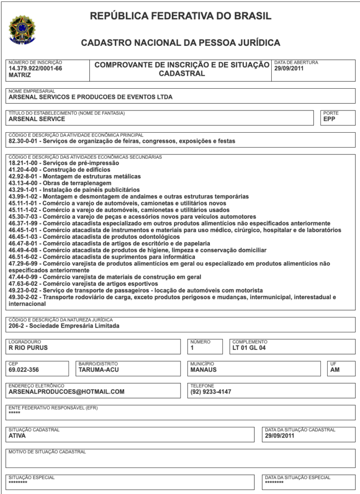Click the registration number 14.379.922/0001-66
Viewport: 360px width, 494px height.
[x=35, y=69]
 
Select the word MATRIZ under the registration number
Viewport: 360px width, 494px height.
[x=20, y=75]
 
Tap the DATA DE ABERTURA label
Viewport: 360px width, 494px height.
[x=296, y=63]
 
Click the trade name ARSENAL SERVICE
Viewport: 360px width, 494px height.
[x=37, y=119]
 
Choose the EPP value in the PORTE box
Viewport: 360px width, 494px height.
[x=329, y=119]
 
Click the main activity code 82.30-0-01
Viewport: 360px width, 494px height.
[x=24, y=141]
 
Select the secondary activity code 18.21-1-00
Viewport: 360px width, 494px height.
[x=24, y=163]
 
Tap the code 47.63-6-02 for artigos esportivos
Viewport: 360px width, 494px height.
[x=24, y=284]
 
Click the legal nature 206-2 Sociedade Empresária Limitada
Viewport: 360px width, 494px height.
[x=64, y=326]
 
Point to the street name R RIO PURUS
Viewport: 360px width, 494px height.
[x=28, y=347]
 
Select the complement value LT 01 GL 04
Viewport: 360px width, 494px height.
[x=249, y=347]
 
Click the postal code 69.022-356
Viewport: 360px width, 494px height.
[x=24, y=370]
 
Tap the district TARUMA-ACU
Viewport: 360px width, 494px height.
[x=98, y=370]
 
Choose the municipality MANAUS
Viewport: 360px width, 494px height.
[x=204, y=370]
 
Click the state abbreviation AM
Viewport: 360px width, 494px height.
[x=335, y=370]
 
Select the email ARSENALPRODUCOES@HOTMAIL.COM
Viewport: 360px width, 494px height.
[x=67, y=392]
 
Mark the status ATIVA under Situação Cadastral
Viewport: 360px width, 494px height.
[x=17, y=436]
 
